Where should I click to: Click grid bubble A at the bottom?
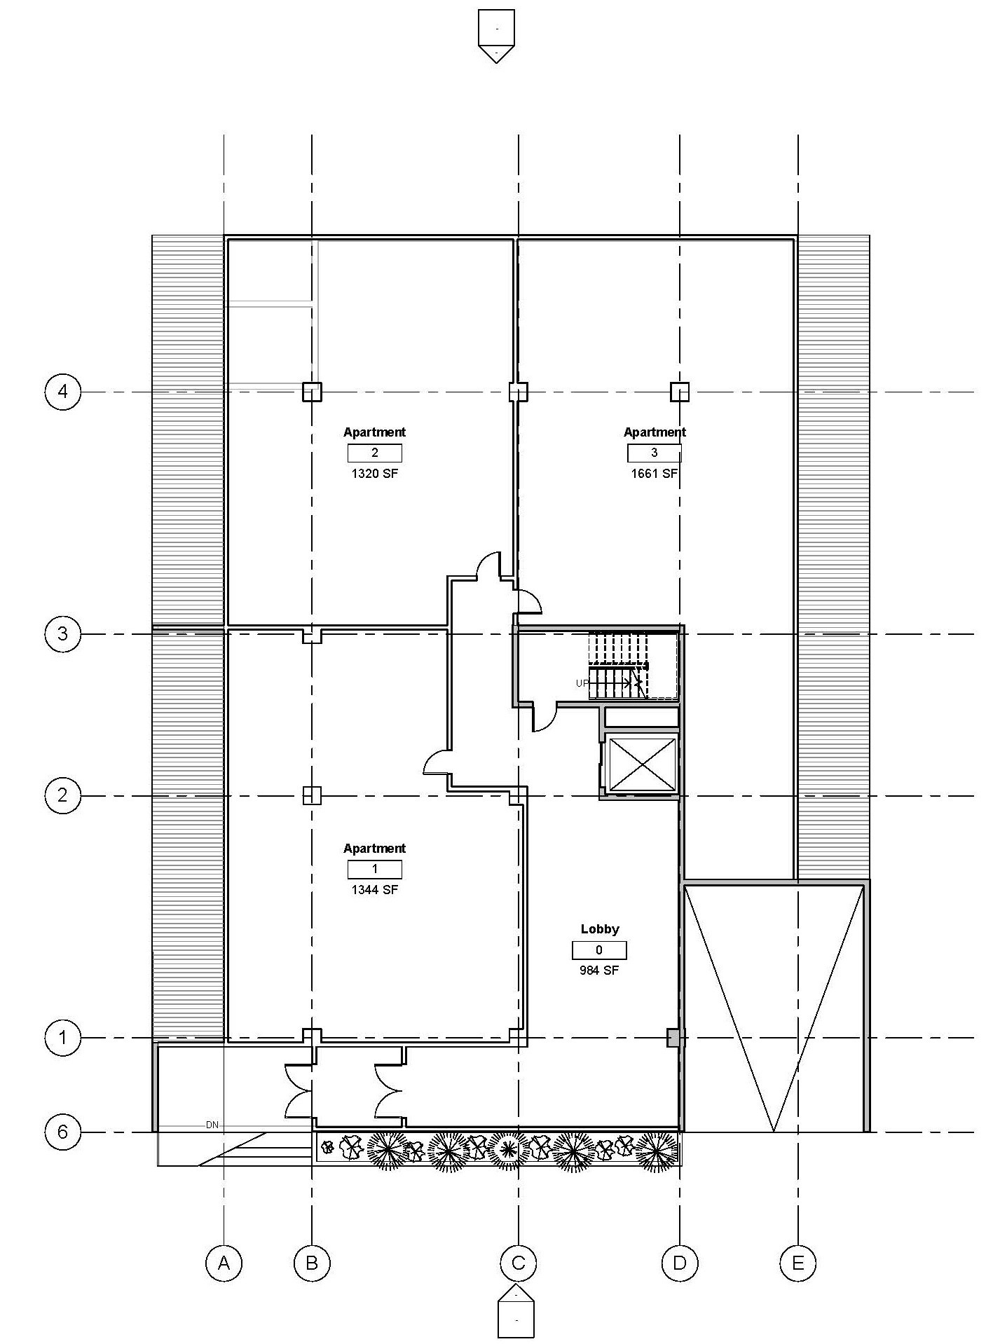pos(224,1263)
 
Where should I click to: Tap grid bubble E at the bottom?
pos(798,1263)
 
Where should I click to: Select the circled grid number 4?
pos(63,391)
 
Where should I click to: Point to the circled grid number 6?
pos(63,1132)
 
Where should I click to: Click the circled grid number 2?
pos(63,795)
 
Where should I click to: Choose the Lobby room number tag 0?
pos(599,950)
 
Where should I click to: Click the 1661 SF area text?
pos(655,474)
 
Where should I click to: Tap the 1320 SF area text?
pos(374,474)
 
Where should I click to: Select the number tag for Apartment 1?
pos(375,870)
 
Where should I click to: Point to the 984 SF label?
pos(599,971)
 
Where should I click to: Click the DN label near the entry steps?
pos(212,1125)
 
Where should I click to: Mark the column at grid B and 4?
pos(312,392)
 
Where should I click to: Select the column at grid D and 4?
pos(680,392)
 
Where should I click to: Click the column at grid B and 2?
pos(312,795)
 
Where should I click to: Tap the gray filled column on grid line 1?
pos(673,1038)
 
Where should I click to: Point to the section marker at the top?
pos(496,36)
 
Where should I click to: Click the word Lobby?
pos(600,929)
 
